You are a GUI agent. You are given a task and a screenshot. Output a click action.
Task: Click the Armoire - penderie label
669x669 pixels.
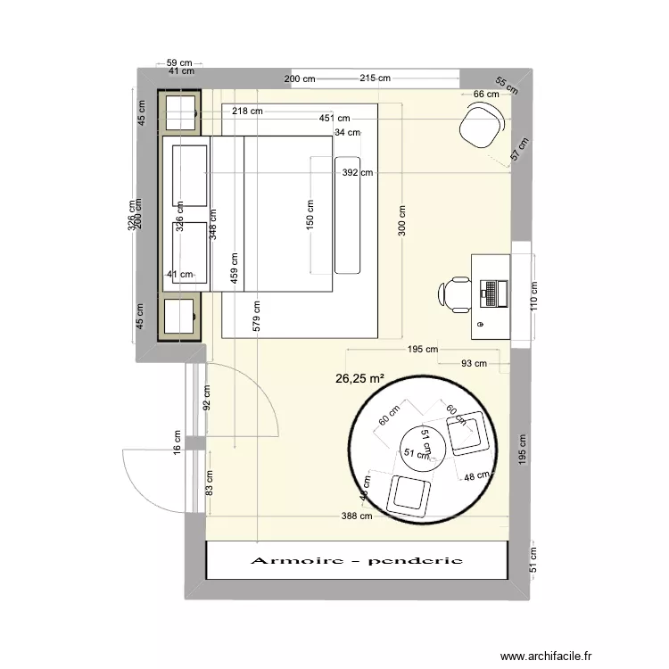[357, 561]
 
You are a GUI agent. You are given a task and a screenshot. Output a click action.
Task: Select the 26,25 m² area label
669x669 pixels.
[359, 378]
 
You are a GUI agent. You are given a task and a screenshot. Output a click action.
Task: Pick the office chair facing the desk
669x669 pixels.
[454, 293]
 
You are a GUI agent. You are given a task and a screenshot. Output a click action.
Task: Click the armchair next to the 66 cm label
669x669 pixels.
[481, 125]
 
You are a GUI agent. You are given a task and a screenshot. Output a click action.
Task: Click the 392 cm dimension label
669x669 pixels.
[357, 173]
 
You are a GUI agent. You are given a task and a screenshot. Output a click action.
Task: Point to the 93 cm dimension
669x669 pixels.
[474, 363]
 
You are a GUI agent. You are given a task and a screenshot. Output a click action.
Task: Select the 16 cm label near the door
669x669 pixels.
[177, 442]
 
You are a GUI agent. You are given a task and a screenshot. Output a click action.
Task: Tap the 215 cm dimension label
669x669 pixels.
[375, 78]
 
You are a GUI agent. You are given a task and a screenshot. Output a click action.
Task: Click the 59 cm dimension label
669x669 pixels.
[179, 63]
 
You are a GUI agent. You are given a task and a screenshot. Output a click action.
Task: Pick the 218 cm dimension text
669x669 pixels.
[247, 111]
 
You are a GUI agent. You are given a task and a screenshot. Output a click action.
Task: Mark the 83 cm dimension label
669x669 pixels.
[208, 483]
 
